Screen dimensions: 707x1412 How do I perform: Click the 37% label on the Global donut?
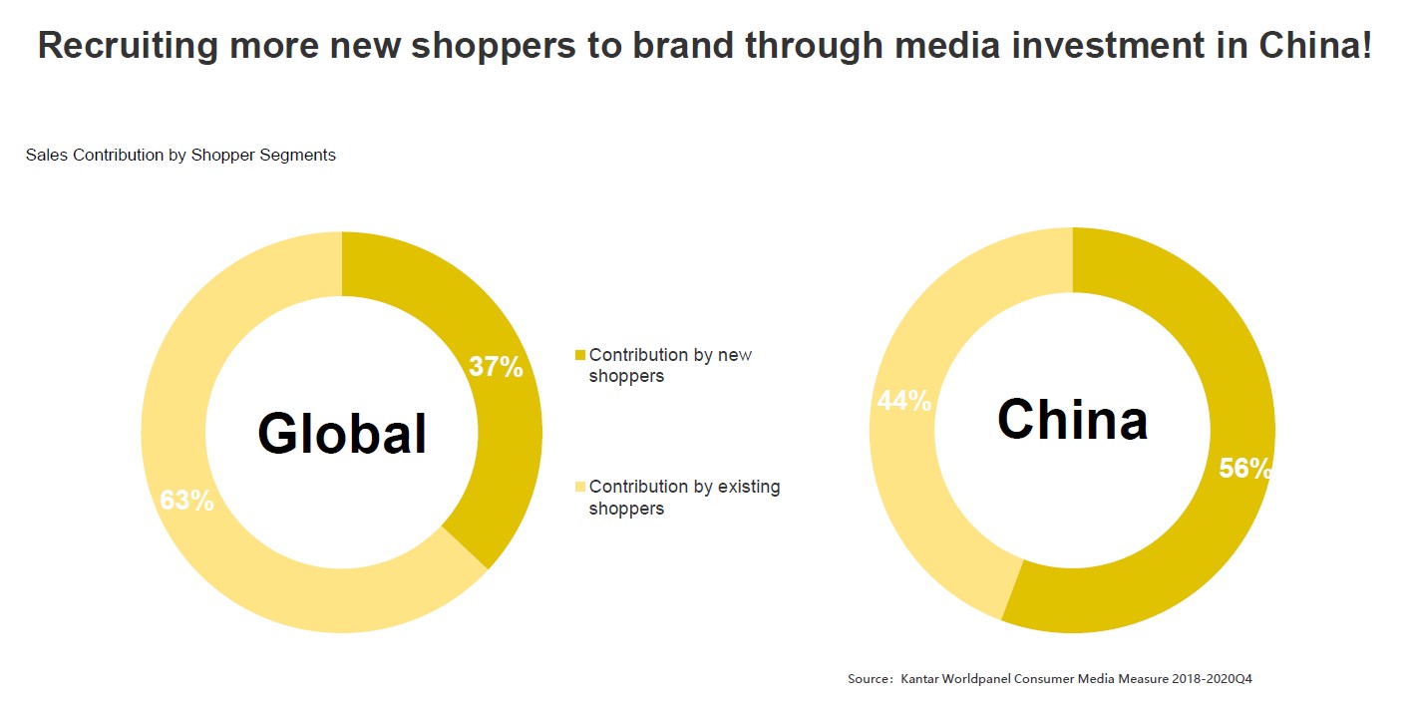496,367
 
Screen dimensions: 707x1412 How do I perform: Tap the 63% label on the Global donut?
186,501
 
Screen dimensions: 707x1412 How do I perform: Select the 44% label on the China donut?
903,401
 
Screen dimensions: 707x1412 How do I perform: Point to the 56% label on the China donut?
1244,469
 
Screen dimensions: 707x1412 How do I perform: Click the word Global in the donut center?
342,434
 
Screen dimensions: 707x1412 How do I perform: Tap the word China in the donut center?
1072,420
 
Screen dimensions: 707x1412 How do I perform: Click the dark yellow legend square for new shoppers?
580,356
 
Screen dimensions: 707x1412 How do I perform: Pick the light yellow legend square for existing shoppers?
580,488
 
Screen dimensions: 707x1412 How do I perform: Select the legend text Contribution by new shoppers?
670,366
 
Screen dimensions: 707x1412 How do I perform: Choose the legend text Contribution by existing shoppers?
684,498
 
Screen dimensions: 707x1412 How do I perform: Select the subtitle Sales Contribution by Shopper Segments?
180,156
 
